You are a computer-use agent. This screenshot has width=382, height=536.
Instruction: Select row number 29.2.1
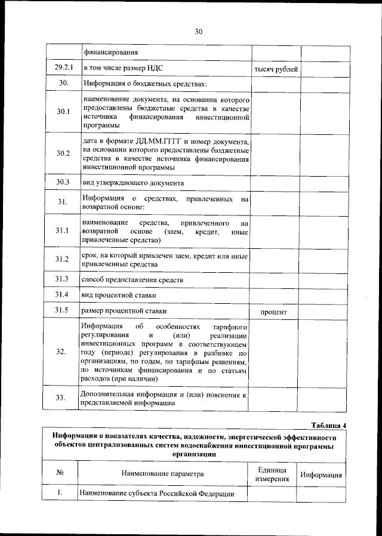(63, 69)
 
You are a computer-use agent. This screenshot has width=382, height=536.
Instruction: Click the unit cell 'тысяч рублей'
(276, 70)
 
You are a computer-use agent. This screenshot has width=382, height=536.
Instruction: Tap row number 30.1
(63, 112)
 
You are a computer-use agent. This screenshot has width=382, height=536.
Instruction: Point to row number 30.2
(63, 153)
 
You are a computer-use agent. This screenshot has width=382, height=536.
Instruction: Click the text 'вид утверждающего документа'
(133, 183)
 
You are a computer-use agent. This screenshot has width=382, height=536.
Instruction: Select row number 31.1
(63, 230)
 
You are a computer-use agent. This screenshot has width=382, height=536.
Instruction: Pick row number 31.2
(63, 259)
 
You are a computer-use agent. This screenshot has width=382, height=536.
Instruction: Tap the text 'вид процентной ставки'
(120, 295)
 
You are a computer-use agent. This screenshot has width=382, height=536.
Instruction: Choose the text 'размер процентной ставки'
(125, 311)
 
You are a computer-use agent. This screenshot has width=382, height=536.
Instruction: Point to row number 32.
(62, 352)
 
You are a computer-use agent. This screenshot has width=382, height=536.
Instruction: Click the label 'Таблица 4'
(328, 425)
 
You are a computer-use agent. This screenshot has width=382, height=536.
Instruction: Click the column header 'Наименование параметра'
(162, 474)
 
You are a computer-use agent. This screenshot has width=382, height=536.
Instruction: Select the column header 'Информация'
(321, 475)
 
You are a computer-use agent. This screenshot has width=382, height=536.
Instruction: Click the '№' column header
(60, 473)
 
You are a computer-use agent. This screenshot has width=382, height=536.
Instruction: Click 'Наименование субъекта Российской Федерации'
(156, 494)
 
